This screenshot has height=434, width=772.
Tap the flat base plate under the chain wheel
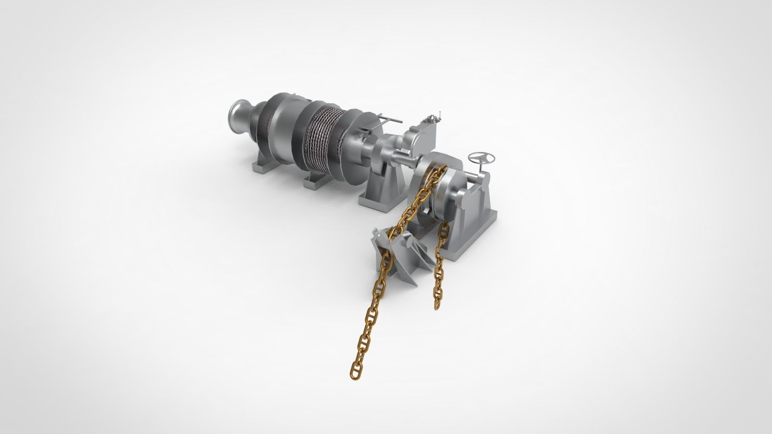tap(463, 251)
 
